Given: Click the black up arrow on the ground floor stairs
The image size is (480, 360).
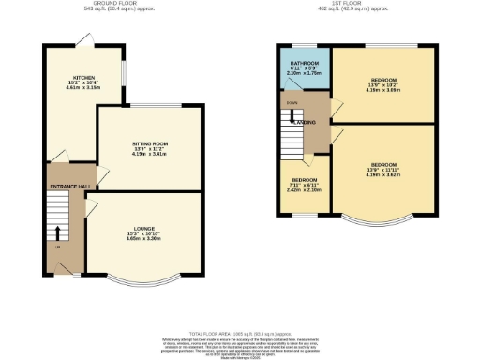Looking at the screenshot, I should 58,232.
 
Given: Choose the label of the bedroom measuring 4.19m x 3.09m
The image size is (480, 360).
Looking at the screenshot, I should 383,79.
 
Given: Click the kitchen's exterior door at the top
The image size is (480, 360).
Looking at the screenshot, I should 84,38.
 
